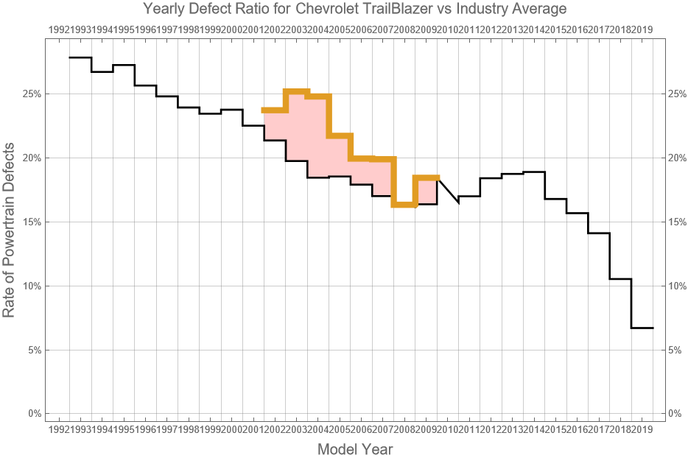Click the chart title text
355,10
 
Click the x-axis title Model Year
355,448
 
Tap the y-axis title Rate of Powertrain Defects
9,230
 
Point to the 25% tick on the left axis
31,94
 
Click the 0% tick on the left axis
33,414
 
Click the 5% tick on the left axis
33,350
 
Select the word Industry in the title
491,10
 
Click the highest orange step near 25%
297,91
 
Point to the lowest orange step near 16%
404,205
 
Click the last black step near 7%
642,328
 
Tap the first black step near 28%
80,57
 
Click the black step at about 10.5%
621,279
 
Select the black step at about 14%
599,233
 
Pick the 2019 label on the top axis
642,29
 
